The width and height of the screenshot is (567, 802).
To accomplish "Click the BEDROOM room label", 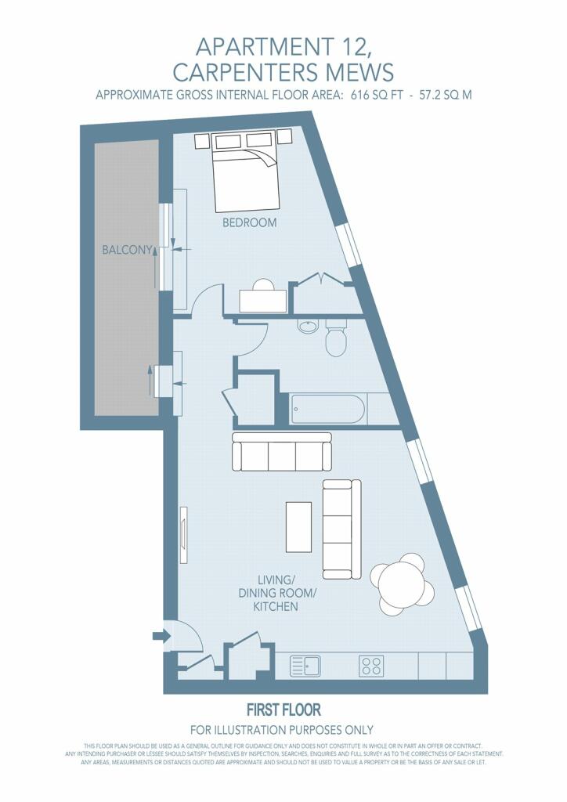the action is pyautogui.click(x=249, y=222).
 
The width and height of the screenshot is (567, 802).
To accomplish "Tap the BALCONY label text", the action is pyautogui.click(x=128, y=250).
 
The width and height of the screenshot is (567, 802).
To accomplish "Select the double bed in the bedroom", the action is pyautogui.click(x=247, y=172).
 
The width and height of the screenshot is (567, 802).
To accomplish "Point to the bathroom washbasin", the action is pyautogui.click(x=307, y=327).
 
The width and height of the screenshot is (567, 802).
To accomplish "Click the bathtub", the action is pyautogui.click(x=327, y=409).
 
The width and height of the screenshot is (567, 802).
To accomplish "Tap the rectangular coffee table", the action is pyautogui.click(x=298, y=527).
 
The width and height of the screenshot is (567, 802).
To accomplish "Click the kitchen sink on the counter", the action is pyautogui.click(x=305, y=666).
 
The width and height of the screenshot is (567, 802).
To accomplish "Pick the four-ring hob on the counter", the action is pyautogui.click(x=371, y=666).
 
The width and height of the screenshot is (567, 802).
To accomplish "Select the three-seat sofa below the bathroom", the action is pyautogui.click(x=282, y=452).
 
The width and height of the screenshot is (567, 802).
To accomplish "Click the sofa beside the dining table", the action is pyautogui.click(x=341, y=529).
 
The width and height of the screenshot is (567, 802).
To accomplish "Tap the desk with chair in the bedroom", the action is pyautogui.click(x=263, y=296).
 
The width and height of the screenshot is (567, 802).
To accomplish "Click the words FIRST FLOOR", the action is pyautogui.click(x=283, y=710).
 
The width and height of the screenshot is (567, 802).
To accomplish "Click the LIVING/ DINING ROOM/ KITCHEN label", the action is pyautogui.click(x=276, y=594).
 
